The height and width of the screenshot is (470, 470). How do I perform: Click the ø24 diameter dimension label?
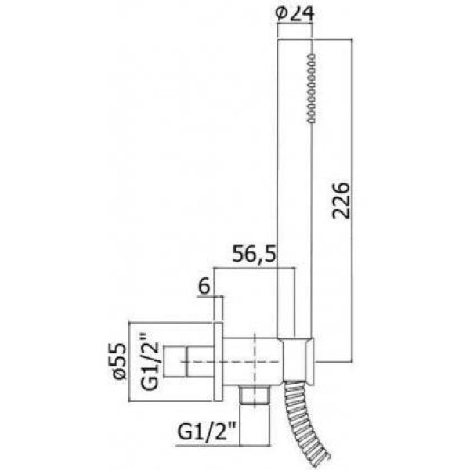(295, 14)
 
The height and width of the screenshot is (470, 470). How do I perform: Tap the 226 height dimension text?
(341, 201)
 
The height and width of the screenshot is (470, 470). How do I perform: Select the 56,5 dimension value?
(254, 254)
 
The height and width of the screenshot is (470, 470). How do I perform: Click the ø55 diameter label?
(117, 361)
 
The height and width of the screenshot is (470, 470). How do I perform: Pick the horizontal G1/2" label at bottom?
(207, 431)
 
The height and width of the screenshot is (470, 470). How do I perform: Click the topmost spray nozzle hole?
(312, 56)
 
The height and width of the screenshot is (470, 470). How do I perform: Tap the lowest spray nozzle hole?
(312, 120)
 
